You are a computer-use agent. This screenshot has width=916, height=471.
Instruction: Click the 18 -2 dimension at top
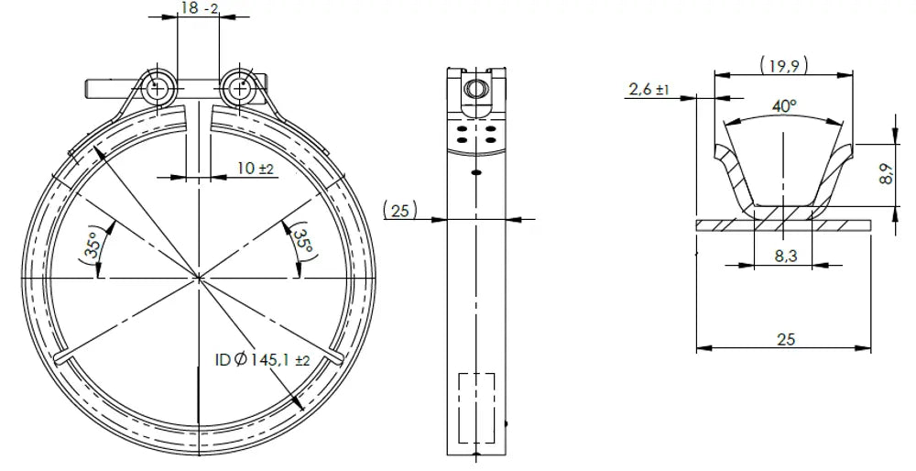(199, 8)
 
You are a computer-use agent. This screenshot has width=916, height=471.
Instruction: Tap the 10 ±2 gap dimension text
(256, 169)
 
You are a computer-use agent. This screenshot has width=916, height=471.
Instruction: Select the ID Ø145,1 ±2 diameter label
(262, 360)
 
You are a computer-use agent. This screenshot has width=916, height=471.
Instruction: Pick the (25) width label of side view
(400, 210)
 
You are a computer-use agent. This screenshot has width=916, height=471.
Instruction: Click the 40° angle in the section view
(784, 106)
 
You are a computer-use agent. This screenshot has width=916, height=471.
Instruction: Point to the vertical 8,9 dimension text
(886, 174)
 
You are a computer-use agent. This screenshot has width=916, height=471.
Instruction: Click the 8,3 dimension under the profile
(786, 255)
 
